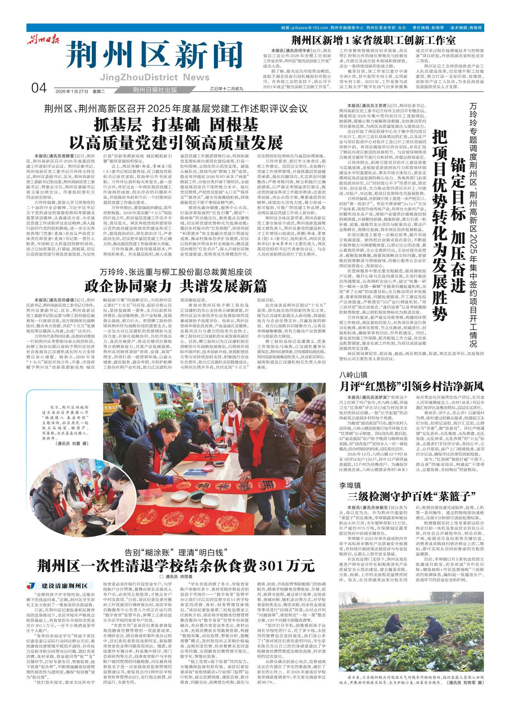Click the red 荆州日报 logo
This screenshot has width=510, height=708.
(x=43, y=41)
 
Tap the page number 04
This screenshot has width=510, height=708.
(x=39, y=88)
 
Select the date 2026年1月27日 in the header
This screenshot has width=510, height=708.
(x=72, y=91)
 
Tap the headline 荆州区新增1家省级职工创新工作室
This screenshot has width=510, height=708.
(x=373, y=41)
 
